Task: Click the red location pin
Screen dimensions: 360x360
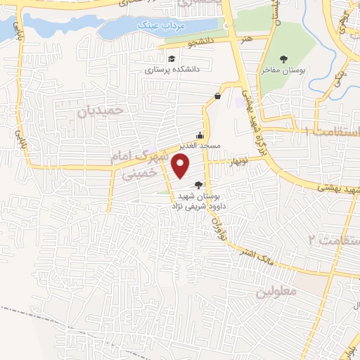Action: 181,165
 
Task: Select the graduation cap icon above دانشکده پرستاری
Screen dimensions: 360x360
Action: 172,59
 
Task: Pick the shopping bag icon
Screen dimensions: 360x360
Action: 218,96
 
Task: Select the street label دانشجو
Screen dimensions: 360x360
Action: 199,43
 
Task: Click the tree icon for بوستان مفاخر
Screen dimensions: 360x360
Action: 283,60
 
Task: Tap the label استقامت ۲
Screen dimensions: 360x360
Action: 334,240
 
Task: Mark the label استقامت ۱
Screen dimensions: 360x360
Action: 331,131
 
